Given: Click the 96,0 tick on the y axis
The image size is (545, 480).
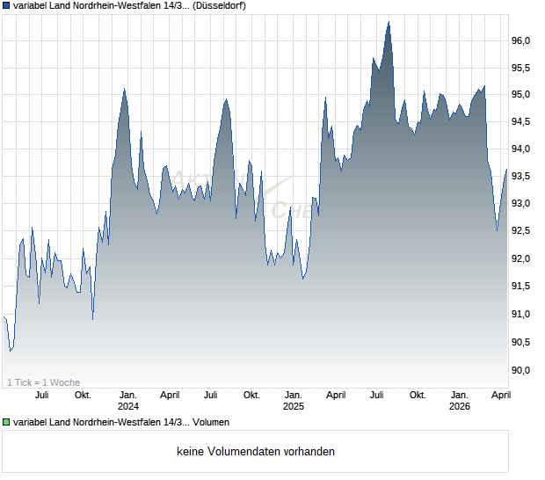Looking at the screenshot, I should (521, 40).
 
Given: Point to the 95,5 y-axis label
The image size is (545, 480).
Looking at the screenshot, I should (521, 68).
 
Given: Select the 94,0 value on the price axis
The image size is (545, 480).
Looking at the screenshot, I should (521, 149).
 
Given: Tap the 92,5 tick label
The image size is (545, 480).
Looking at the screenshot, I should (521, 231).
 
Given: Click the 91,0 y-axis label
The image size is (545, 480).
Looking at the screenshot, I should (521, 314).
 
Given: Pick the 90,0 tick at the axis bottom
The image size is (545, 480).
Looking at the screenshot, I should (521, 369).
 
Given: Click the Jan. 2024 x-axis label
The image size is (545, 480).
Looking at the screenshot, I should (128, 401).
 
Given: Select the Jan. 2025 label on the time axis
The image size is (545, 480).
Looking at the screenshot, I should (293, 401).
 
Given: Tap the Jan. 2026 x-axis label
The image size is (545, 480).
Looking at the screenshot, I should (460, 401).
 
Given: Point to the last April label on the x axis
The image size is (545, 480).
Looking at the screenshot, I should (499, 396).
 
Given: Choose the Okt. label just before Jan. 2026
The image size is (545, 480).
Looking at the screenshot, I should (418, 396).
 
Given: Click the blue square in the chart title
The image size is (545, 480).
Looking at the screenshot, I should (6, 6).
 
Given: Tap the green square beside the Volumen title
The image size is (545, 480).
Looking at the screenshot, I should (6, 423).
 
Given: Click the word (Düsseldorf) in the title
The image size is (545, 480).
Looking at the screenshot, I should (214, 6).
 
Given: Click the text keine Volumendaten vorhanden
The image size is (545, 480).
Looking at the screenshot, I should (255, 452).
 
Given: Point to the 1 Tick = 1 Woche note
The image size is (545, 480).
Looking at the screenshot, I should (44, 382).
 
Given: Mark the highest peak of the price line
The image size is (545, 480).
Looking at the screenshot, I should (389, 22).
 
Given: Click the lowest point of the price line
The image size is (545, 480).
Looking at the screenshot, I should (10, 351).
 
